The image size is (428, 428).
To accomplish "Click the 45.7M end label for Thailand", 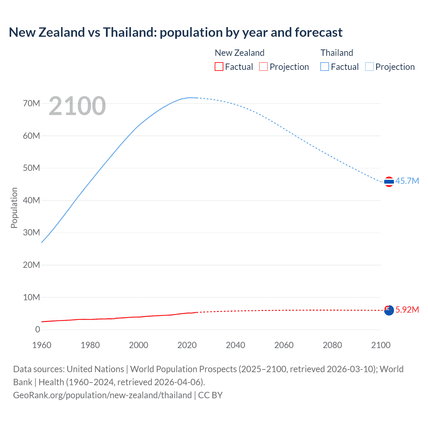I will tap(407, 181).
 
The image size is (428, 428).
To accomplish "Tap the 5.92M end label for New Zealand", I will tap(407, 310).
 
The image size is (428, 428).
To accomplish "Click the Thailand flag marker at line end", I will tap(389, 182).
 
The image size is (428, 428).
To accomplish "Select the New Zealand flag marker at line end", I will tap(389, 310).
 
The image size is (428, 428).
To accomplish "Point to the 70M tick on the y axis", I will tap(31, 103).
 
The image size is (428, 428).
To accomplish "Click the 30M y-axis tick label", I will tap(31, 232).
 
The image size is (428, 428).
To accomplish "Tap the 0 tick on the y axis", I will tap(37, 329).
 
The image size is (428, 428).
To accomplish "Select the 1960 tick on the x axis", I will tap(42, 345).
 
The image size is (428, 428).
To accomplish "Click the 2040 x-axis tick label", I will tap(235, 345).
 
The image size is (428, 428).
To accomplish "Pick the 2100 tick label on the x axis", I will tap(381, 345).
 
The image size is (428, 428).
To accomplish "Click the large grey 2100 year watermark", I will tap(77, 106).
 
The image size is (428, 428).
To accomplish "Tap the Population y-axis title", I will tap(14, 208).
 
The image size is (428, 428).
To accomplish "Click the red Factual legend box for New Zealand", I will tap(219, 67).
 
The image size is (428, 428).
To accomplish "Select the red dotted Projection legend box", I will tap(263, 67).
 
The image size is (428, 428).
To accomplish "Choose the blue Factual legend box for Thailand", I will tap(325, 67).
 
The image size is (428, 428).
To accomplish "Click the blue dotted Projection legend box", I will tap(369, 67).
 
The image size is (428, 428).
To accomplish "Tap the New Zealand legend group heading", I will tap(239, 53).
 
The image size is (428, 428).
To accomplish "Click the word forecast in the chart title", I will tap(318, 32).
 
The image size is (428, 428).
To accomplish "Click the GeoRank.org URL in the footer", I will tap(102, 395).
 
